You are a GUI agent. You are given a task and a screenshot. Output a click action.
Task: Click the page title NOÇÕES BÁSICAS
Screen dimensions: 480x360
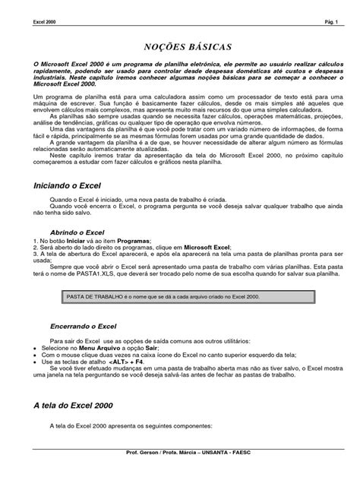pyautogui.click(x=180, y=46)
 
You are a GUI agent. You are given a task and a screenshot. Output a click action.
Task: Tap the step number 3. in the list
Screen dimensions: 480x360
pyautogui.click(x=28, y=254)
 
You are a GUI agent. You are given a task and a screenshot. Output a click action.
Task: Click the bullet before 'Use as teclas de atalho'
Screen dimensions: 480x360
pyautogui.click(x=29, y=362)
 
